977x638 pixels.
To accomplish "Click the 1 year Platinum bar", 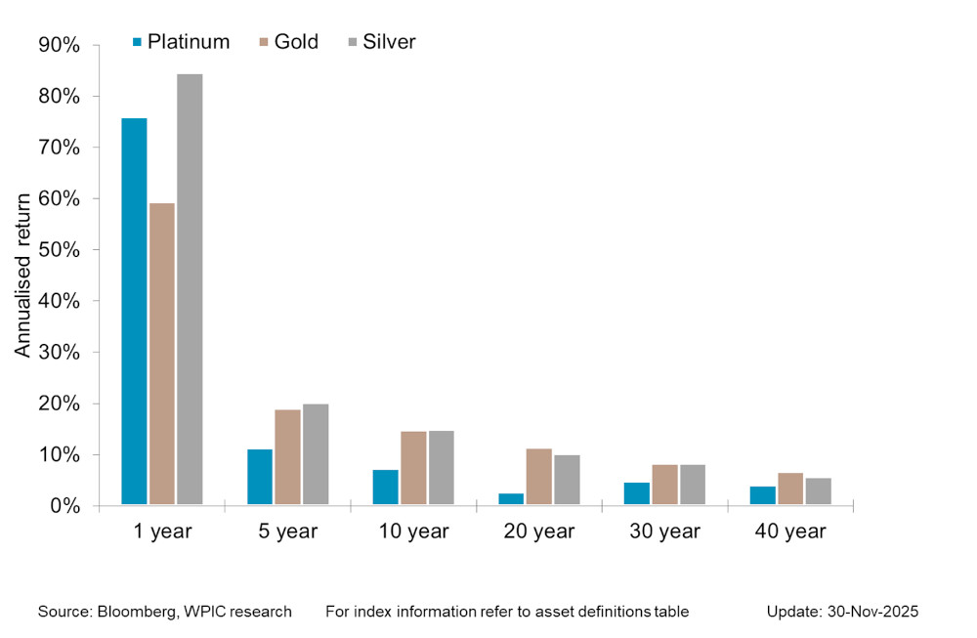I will click(134, 312).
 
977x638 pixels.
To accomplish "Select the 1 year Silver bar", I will click(190, 290).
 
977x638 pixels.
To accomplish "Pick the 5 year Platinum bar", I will click(260, 478).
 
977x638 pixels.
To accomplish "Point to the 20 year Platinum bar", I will click(511, 499).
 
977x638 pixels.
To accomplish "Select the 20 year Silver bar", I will click(567, 481).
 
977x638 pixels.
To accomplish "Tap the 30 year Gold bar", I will click(664, 486).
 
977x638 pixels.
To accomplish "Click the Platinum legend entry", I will click(181, 42).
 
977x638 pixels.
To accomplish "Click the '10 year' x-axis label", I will click(413, 532).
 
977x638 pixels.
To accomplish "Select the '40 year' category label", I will click(790, 532).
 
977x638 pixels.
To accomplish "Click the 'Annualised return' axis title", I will click(22, 275).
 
